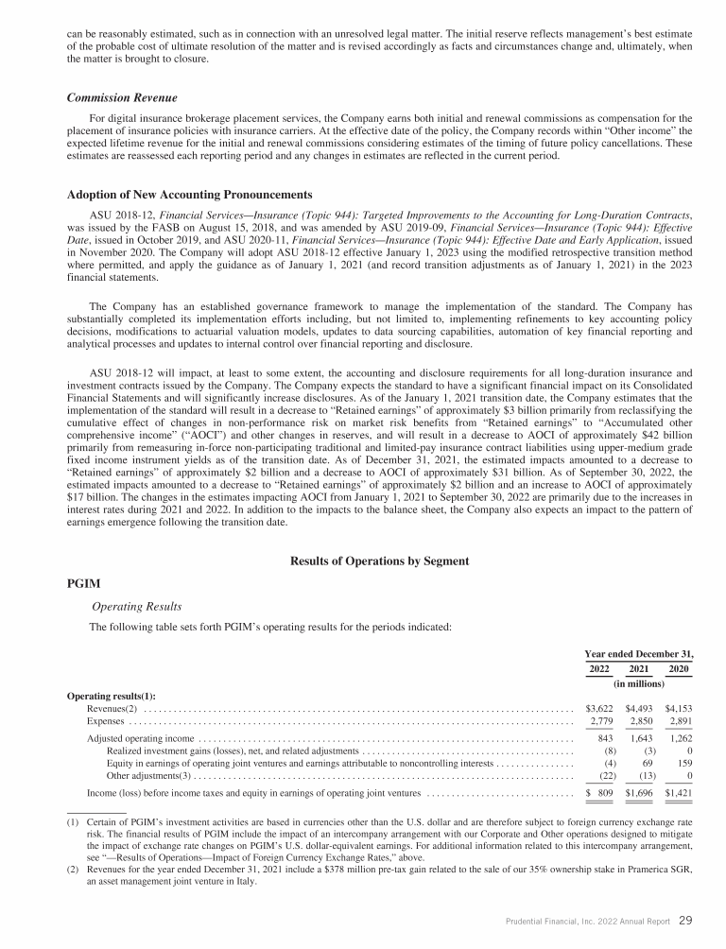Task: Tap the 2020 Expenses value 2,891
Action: click(x=679, y=722)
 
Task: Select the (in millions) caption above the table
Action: click(x=638, y=682)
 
